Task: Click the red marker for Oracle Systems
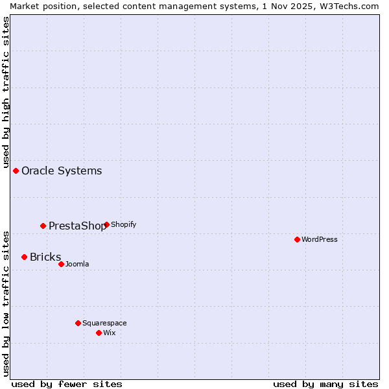point(16,171)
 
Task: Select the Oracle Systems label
point(62,171)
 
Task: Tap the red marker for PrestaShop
point(43,226)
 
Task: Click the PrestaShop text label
point(77,226)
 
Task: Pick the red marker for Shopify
point(106,224)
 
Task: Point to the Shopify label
point(123,224)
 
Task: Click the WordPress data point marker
point(297,239)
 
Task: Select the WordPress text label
point(320,239)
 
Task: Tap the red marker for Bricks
point(25,257)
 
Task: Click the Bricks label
point(45,257)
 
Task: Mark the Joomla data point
point(61,264)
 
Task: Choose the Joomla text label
point(77,264)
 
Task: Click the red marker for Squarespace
point(78,323)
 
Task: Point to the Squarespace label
point(104,323)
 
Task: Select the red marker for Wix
point(99,333)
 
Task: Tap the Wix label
point(110,333)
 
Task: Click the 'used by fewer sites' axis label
point(67,384)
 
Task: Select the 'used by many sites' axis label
point(325,384)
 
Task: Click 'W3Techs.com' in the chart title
point(347,6)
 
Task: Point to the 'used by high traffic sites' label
point(6,91)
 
